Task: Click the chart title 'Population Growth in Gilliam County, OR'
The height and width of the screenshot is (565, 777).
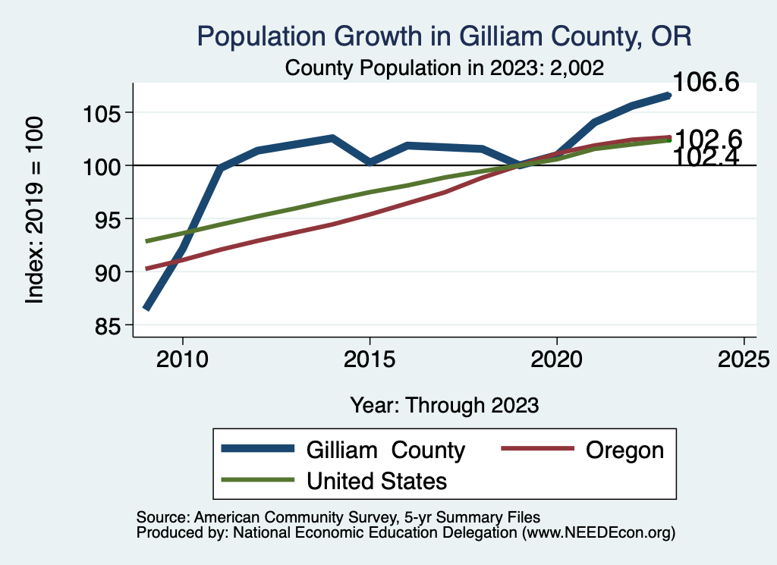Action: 444,36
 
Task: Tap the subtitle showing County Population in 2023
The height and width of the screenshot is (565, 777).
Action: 444,68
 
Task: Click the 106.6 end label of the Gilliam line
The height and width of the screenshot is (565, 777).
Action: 706,83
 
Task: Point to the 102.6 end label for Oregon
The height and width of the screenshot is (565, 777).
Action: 707,139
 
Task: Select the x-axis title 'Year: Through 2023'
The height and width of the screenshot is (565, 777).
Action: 444,405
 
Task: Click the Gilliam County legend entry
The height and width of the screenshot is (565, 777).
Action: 385,450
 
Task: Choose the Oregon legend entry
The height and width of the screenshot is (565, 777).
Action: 624,450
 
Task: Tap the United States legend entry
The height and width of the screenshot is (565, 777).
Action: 376,481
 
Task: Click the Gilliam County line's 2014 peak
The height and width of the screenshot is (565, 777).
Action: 332,138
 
